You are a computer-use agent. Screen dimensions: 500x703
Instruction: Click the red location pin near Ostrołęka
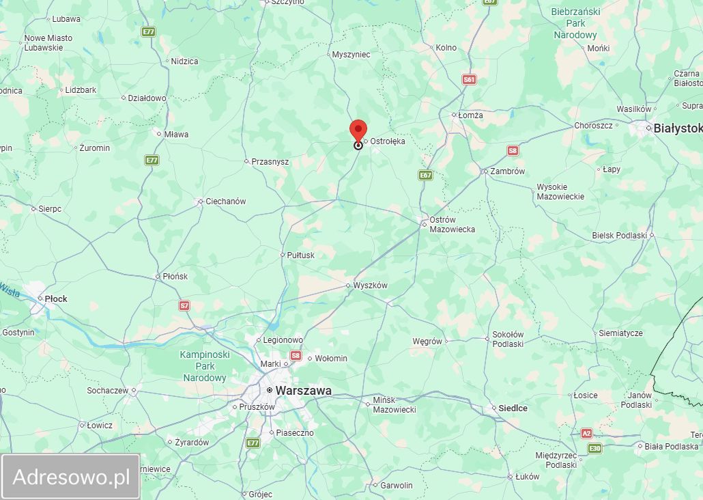(358, 130)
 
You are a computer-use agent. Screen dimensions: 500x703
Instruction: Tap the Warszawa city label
(303, 391)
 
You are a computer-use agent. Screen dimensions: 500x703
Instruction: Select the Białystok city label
(677, 128)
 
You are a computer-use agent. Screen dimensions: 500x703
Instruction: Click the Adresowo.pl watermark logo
(71, 477)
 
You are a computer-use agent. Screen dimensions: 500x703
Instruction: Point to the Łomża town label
(470, 115)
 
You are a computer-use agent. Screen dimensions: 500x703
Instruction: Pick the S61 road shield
(469, 80)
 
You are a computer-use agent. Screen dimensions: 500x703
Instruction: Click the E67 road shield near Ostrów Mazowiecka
(426, 176)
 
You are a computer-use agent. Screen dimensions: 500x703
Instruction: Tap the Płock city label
(56, 298)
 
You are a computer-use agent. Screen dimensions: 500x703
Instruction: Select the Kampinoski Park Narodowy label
(205, 366)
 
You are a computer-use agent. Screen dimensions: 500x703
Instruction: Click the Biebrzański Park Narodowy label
(575, 23)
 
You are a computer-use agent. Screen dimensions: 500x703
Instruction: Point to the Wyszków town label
(370, 286)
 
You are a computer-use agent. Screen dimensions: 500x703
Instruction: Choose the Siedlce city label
(513, 408)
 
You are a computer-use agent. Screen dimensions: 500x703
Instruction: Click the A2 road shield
(587, 433)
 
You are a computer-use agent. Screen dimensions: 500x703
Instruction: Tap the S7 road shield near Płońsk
(184, 305)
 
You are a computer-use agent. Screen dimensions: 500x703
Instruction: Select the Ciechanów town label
(227, 202)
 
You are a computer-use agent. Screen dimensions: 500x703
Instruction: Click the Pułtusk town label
(300, 255)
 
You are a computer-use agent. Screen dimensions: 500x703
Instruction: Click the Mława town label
(176, 135)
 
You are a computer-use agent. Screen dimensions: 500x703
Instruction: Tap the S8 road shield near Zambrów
(513, 150)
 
